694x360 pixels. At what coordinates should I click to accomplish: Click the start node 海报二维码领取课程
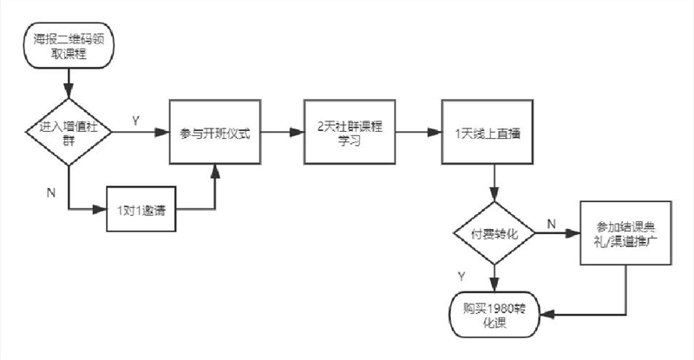click(69, 46)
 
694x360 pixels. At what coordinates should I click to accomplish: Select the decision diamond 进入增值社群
click(69, 132)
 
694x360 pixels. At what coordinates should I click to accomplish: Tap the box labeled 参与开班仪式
click(215, 132)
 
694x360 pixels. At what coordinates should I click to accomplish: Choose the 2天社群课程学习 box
click(350, 132)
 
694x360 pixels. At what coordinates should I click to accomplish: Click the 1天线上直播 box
click(488, 132)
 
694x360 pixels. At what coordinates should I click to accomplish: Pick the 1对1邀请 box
click(141, 209)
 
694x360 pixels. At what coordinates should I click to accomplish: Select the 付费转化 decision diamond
click(494, 232)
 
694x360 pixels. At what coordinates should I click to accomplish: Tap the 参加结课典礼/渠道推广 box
click(625, 232)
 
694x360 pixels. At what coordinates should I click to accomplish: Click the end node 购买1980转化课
click(494, 314)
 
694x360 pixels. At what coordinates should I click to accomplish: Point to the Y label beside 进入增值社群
click(136, 121)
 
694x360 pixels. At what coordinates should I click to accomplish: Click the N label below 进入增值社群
click(51, 193)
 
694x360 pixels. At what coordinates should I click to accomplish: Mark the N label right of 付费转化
click(552, 224)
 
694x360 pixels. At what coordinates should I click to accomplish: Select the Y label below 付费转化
click(462, 277)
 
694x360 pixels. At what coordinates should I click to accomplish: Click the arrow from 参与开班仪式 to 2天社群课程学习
click(283, 132)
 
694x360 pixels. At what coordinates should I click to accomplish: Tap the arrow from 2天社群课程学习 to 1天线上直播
click(419, 132)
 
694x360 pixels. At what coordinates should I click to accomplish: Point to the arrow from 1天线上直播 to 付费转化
click(494, 183)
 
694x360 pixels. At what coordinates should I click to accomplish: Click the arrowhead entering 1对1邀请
click(100, 209)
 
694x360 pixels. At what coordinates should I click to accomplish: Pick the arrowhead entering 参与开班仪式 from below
click(215, 172)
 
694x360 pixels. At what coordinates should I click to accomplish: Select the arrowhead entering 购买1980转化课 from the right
click(547, 314)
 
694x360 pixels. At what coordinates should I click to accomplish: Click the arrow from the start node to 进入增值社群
click(69, 83)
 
